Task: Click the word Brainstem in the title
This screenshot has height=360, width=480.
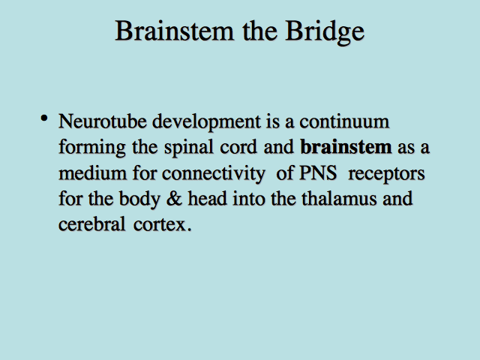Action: pos(175,31)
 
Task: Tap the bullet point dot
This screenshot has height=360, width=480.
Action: pos(44,118)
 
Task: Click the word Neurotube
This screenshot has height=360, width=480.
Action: pos(103,121)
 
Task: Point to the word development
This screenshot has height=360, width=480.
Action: pos(207,123)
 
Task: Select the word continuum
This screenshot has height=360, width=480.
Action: pos(344,121)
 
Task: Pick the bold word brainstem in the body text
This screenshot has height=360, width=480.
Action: pos(346,147)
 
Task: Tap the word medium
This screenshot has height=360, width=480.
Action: pos(92,173)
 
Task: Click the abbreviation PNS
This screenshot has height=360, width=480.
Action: pos(318,173)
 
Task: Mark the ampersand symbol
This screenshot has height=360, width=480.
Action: pos(174,199)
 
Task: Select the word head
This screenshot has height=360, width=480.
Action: pos(207,198)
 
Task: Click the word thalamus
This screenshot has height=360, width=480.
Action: pos(339,198)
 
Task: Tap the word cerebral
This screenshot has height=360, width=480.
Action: pos(91,224)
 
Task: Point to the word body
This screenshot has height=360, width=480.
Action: pos(139,200)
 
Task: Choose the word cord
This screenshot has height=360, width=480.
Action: pos(238,147)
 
